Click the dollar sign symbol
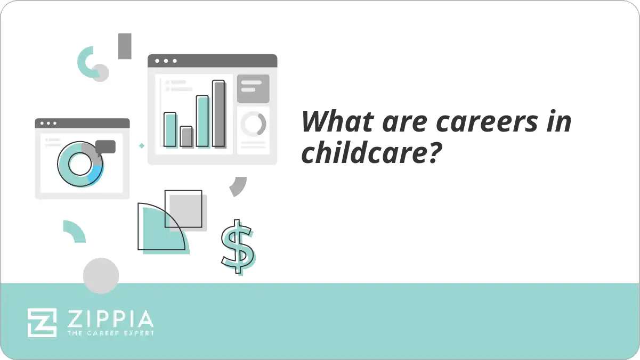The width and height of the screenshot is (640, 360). [x=237, y=247]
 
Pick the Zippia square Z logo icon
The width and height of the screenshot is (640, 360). [x=42, y=322]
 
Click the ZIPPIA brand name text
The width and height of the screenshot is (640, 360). [x=110, y=319]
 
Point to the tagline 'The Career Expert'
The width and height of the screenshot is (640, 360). [x=110, y=333]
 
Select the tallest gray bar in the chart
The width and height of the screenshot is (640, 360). [x=218, y=113]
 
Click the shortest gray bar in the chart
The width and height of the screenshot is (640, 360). [x=186, y=136]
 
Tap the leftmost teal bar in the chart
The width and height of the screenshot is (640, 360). [x=169, y=129]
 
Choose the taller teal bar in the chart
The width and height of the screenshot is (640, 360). [x=202, y=121]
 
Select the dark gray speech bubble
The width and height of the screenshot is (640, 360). [x=106, y=147]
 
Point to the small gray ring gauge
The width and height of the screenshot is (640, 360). [x=253, y=124]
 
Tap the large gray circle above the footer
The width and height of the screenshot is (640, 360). [x=101, y=275]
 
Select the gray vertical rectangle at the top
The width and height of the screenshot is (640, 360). [x=125, y=46]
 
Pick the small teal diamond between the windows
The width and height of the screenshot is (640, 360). [x=142, y=145]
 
